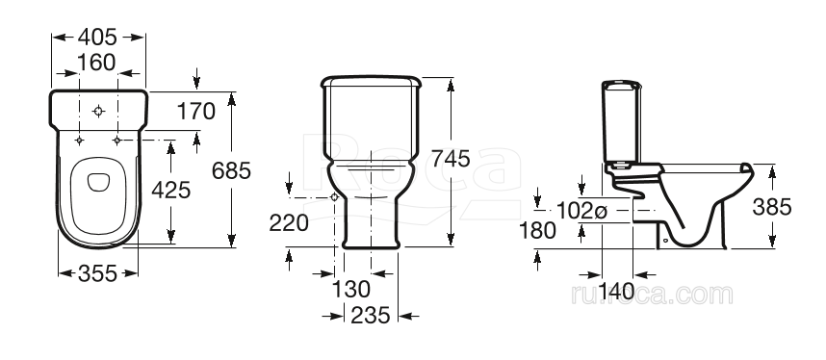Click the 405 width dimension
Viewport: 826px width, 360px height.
tap(97, 37)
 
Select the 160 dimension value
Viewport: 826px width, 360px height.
tap(96, 63)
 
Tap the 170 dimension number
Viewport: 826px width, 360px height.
tap(196, 112)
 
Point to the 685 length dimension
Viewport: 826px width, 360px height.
tap(231, 170)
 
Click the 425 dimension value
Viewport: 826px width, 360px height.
tap(171, 190)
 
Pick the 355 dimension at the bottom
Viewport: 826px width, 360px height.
tap(97, 273)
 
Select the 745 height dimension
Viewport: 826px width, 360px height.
tap(451, 158)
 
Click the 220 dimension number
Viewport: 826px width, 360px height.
tap(289, 223)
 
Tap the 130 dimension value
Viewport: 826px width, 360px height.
tap(351, 289)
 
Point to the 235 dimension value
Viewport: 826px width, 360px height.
tap(371, 315)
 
